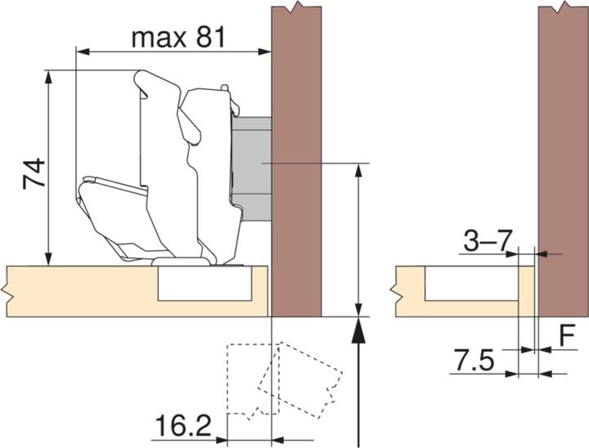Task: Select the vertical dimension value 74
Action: click(x=35, y=173)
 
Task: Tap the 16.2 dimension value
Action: click(x=182, y=426)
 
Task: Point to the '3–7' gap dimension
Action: click(x=487, y=240)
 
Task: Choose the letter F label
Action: click(x=566, y=335)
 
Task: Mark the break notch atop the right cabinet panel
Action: click(x=563, y=9)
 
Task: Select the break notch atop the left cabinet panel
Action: click(x=295, y=9)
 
